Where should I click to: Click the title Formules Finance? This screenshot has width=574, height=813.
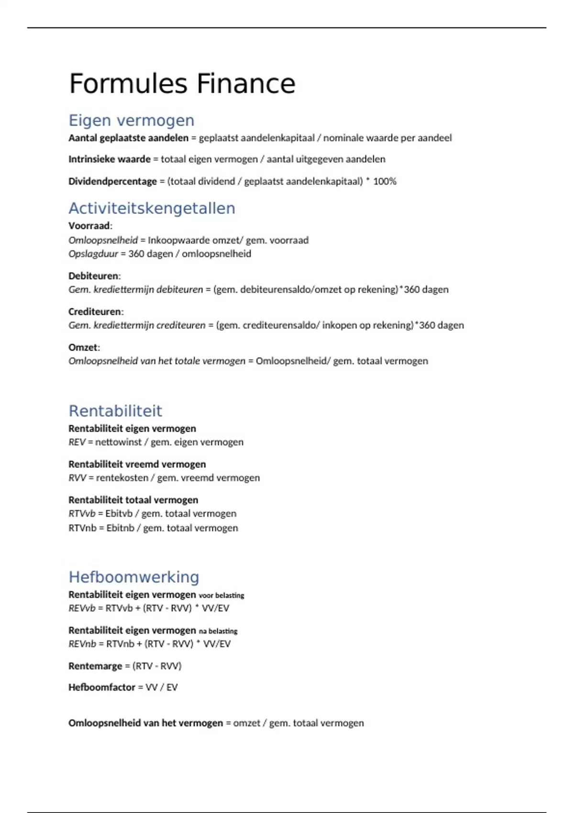pyautogui.click(x=182, y=84)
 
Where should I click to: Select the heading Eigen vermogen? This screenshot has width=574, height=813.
pyautogui.click(x=132, y=120)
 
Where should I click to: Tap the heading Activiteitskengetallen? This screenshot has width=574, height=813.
pyautogui.click(x=152, y=208)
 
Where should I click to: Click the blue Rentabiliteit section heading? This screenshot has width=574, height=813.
pyautogui.click(x=115, y=411)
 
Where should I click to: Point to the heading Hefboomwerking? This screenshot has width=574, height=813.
pyautogui.click(x=134, y=577)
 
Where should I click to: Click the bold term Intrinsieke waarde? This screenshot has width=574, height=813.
pyautogui.click(x=110, y=159)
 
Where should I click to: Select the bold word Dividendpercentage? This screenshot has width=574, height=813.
pyautogui.click(x=113, y=181)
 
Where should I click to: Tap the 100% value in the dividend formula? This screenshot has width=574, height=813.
pyautogui.click(x=385, y=181)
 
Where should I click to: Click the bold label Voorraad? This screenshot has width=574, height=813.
pyautogui.click(x=89, y=226)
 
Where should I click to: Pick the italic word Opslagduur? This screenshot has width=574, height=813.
pyautogui.click(x=93, y=254)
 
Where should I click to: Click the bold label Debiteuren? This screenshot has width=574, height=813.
pyautogui.click(x=94, y=276)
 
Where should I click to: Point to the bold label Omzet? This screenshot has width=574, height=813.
pyautogui.click(x=83, y=347)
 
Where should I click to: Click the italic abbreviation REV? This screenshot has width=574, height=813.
pyautogui.click(x=77, y=442)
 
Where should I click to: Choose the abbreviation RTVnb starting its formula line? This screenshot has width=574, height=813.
pyautogui.click(x=82, y=528)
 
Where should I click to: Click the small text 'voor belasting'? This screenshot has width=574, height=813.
pyautogui.click(x=221, y=595)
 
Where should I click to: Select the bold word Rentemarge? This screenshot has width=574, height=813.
pyautogui.click(x=95, y=666)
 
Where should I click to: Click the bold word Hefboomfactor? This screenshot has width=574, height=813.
pyautogui.click(x=102, y=687)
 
